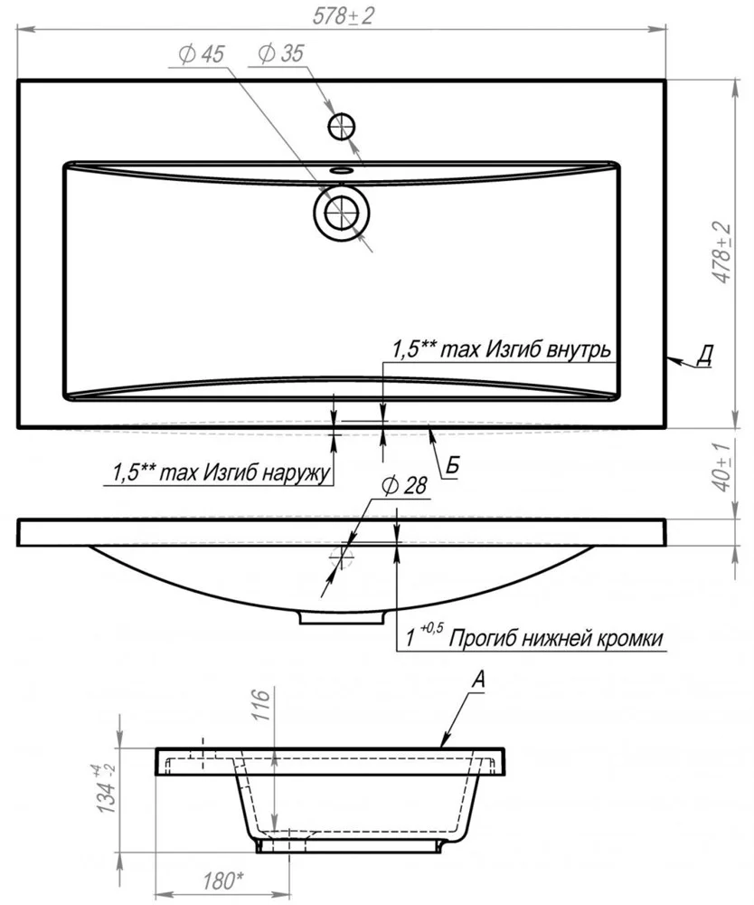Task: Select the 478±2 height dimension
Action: pos(721,254)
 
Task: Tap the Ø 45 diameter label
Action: pos(202,55)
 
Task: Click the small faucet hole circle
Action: pos(342,126)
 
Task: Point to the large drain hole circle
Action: pos(342,213)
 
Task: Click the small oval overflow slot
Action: pos(342,169)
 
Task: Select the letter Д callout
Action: pos(704,356)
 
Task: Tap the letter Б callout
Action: pos(452,465)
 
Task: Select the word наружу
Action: pos(291,472)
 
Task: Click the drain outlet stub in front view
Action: pos(342,617)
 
